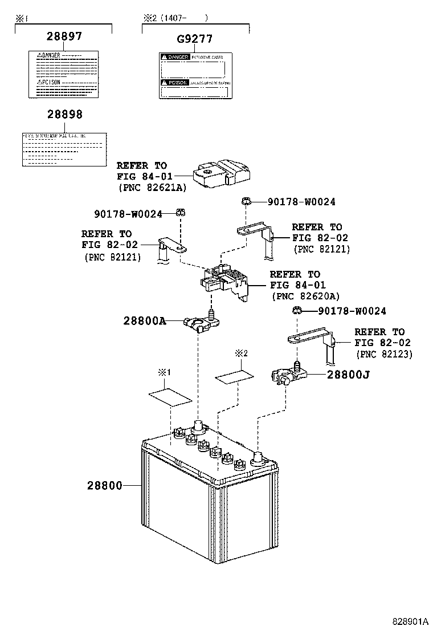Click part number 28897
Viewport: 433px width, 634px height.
[64, 36]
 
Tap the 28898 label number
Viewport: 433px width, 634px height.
[64, 115]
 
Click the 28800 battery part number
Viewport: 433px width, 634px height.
[105, 486]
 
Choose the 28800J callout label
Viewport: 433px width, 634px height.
[348, 375]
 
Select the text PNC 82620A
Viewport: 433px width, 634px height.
[305, 296]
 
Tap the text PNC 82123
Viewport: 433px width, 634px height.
[384, 354]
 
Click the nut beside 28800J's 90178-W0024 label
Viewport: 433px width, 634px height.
[297, 311]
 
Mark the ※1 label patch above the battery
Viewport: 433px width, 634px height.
[169, 396]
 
